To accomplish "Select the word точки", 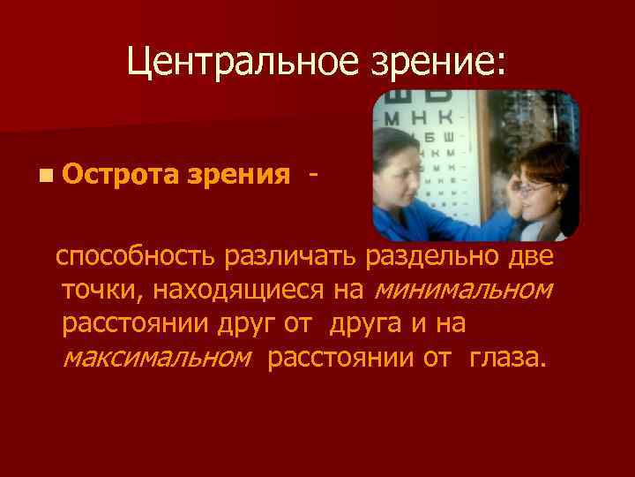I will click(98, 290).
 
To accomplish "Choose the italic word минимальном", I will click(464, 290).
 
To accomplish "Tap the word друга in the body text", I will click(365, 324).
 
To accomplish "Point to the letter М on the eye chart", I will click(393, 115).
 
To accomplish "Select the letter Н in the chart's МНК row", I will click(420, 115).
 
